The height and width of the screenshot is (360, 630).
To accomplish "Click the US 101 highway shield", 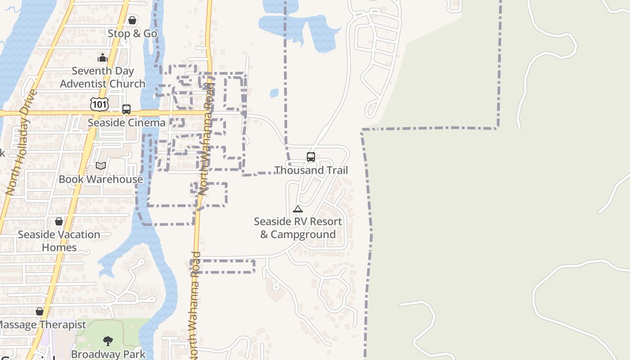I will [99, 104].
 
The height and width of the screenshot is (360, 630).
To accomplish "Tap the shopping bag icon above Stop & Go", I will [132, 20].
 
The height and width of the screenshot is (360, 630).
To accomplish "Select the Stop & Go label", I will [132, 34].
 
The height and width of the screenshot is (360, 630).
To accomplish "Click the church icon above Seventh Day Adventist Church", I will [103, 58].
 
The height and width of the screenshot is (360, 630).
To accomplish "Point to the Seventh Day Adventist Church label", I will [103, 77].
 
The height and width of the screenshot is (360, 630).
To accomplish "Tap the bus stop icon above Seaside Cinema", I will [126, 109].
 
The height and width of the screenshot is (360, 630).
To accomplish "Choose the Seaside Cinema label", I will [126, 123].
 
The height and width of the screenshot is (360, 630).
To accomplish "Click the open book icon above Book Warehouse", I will [101, 166].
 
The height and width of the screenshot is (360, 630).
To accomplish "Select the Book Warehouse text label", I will [101, 179].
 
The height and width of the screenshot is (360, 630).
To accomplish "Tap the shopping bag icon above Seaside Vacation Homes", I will [59, 221].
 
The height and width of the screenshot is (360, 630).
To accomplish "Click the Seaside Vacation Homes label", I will [59, 241].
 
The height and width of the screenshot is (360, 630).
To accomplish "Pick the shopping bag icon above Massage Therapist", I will [40, 311].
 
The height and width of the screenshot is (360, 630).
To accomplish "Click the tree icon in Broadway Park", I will [108, 341].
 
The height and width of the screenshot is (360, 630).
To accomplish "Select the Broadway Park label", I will [108, 354].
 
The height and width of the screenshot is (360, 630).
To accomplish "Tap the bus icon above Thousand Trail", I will [311, 157].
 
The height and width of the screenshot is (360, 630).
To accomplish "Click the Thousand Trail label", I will [311, 170].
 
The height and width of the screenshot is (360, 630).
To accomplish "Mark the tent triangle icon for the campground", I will [298, 209].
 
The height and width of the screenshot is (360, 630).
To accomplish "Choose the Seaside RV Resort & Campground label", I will [298, 228].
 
